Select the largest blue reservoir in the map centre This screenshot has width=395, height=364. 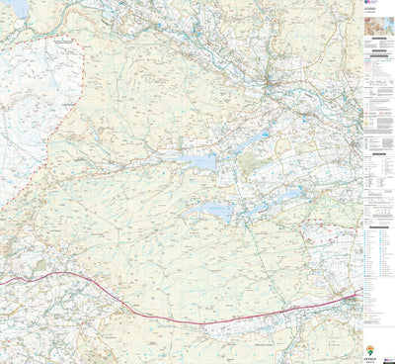coord(201,161)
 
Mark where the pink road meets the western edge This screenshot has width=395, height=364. coord(2,285)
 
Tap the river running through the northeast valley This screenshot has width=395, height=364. coord(296,99)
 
